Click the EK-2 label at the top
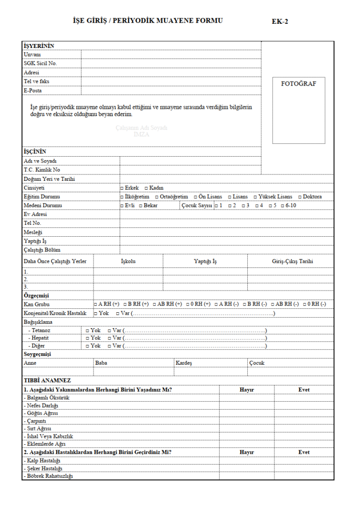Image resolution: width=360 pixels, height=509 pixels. coord(280,22)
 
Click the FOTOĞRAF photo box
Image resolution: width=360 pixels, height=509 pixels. coord(298,110)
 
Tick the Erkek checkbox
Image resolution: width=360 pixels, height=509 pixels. coord(122,188)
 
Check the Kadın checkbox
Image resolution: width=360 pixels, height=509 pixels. coord(146,188)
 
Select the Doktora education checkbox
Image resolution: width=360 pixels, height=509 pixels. coord(300,197)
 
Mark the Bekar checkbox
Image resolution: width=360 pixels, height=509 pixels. coord(140,206)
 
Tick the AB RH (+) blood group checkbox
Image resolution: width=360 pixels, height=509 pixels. coord(155,304)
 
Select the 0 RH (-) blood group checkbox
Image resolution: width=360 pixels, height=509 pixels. coord(305,304)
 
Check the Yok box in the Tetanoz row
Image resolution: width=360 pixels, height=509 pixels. coord(88,330)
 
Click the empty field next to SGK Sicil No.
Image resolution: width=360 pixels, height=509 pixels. coord(171,63)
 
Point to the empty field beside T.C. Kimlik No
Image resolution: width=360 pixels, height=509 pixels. coord(190,170)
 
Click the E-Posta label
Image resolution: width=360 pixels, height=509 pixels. coord(33,91)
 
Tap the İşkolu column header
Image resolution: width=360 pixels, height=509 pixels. coord(128,261)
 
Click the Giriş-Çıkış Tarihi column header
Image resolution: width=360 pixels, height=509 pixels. coord(292,261)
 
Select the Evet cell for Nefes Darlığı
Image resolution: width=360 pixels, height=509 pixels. coord(304,405)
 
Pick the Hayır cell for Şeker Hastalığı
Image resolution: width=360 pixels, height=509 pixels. coord(246,468)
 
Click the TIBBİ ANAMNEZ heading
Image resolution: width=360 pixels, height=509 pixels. coord(47,381)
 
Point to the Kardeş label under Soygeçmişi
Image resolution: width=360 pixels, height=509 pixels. coord(183,363)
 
